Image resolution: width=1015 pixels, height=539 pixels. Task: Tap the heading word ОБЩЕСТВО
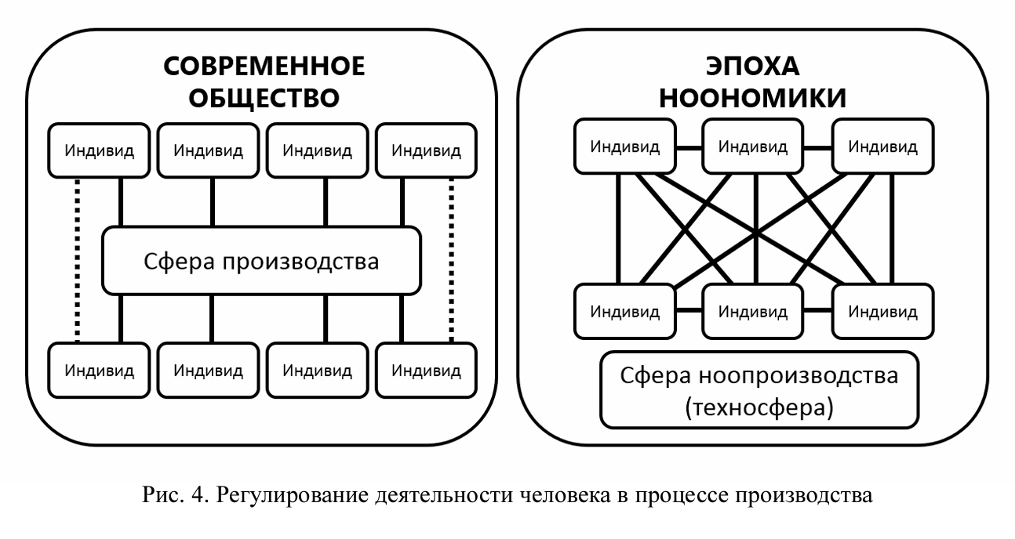tap(264, 99)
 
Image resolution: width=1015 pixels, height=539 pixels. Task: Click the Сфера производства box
tap(262, 261)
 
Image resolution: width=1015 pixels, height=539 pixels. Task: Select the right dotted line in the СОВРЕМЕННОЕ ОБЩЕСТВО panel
tap(451, 259)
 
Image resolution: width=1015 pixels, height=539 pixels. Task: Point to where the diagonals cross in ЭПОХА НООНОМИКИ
tap(755, 232)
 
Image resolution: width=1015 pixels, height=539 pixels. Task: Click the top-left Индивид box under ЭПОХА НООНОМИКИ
tap(625, 146)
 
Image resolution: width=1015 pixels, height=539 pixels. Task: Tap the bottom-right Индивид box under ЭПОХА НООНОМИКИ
tap(883, 312)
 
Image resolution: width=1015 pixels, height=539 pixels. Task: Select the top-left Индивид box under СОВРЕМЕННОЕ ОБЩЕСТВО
tap(99, 150)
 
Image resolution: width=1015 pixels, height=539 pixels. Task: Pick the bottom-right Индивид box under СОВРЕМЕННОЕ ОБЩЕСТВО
tap(427, 369)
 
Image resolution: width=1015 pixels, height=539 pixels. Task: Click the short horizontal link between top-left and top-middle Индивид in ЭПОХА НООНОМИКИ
tap(688, 147)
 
